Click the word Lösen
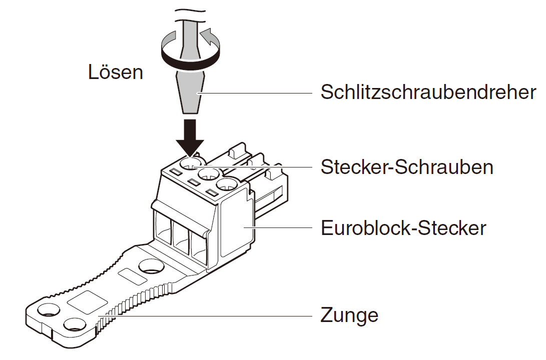pyautogui.click(x=116, y=72)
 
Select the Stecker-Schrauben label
pyautogui.click(x=407, y=167)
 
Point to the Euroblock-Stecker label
pyautogui.click(x=403, y=228)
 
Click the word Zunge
pyautogui.click(x=349, y=315)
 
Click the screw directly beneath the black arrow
pyautogui.click(x=191, y=163)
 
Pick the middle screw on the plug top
pyautogui.click(x=208, y=174)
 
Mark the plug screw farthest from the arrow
pyautogui.click(x=227, y=184)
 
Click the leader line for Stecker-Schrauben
pyautogui.click(x=260, y=166)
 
